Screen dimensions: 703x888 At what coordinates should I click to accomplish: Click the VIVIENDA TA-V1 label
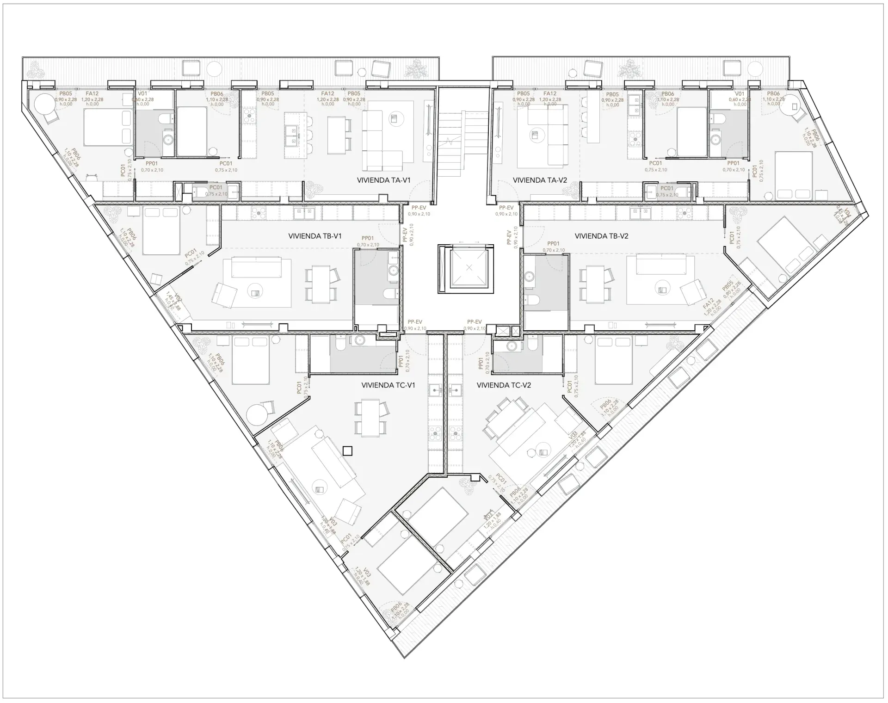point(383,180)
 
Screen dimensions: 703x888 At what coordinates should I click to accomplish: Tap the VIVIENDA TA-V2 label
point(540,180)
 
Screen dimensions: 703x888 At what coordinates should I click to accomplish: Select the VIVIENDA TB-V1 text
point(314,236)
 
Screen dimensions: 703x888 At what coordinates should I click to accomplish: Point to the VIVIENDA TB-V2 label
point(601,236)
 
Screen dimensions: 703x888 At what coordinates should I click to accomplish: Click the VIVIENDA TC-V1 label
point(388,385)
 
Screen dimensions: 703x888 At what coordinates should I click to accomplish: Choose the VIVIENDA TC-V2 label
point(504,385)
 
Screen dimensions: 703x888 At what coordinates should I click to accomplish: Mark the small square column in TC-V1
point(348,450)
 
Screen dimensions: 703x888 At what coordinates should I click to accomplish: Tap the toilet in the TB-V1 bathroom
point(388,295)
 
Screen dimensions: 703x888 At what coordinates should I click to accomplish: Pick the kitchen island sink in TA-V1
point(291,135)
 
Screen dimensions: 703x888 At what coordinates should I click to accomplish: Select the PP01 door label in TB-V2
point(553,244)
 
